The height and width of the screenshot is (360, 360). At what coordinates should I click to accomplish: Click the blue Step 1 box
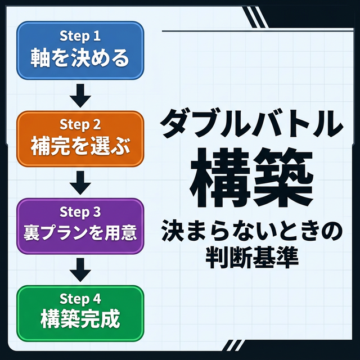point(80,50)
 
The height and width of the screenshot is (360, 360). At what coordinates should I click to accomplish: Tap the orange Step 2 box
point(80,138)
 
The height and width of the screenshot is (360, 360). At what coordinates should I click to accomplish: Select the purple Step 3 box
point(80,225)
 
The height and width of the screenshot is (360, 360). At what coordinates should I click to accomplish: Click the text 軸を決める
point(80,58)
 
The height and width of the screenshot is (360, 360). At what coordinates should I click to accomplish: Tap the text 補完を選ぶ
point(80,147)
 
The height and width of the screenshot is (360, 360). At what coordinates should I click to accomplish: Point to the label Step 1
point(80,37)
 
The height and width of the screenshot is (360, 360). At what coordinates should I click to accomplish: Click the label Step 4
point(80,299)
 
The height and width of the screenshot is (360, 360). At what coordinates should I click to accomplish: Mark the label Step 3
point(80,213)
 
